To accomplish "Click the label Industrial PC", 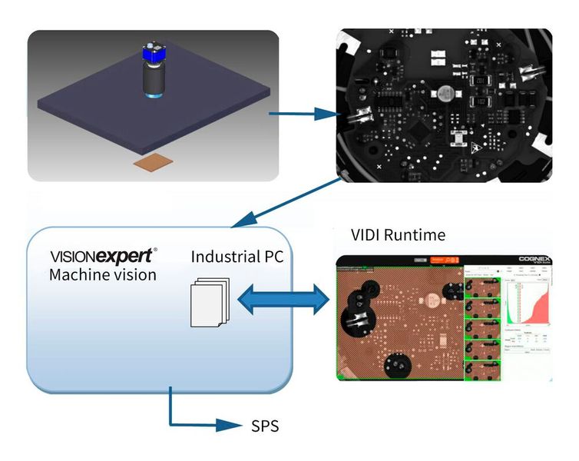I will [237, 257].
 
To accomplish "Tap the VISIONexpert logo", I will [104, 256].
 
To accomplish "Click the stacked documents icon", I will [208, 300].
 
